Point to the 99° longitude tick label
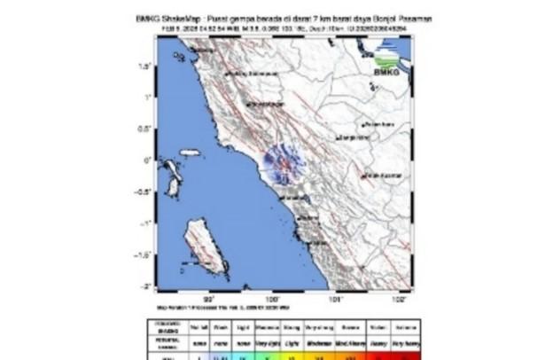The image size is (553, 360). point(209,299)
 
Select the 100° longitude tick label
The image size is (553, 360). point(272,299)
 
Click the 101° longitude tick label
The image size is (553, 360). point(336,299)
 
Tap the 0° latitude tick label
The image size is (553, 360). point(143,160)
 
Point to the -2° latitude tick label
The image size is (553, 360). point(142,286)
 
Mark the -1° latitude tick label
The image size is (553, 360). point(142,223)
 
